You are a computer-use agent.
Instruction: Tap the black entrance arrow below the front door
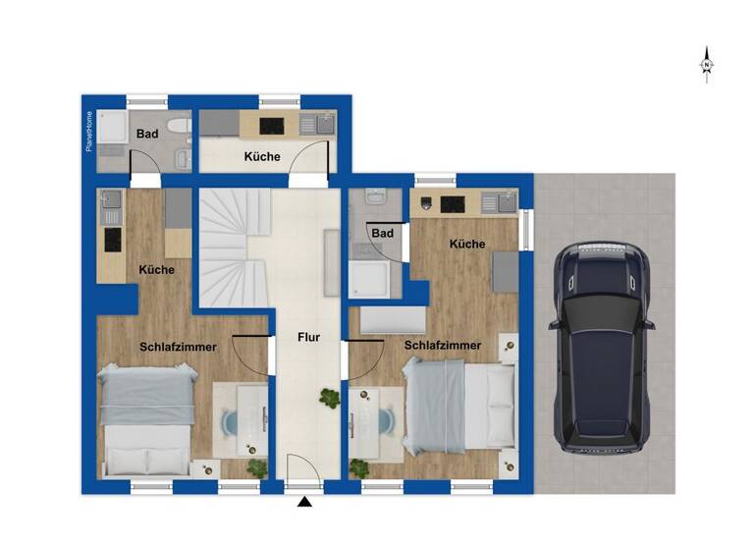click(x=304, y=504)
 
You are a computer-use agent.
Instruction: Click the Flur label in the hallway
click(x=308, y=337)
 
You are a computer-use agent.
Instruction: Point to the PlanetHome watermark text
click(x=88, y=132)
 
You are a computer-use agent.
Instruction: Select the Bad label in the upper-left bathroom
click(x=147, y=135)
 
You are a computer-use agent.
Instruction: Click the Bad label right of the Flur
click(x=382, y=233)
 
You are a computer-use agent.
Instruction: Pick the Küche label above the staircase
click(x=262, y=157)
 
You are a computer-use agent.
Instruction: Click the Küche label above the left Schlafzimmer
click(x=157, y=269)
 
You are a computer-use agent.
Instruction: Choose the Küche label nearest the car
click(x=467, y=244)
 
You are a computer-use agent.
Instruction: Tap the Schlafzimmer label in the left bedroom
click(x=178, y=346)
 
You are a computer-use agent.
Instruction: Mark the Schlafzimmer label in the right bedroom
click(x=442, y=346)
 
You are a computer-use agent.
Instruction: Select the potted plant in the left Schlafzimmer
click(x=256, y=467)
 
